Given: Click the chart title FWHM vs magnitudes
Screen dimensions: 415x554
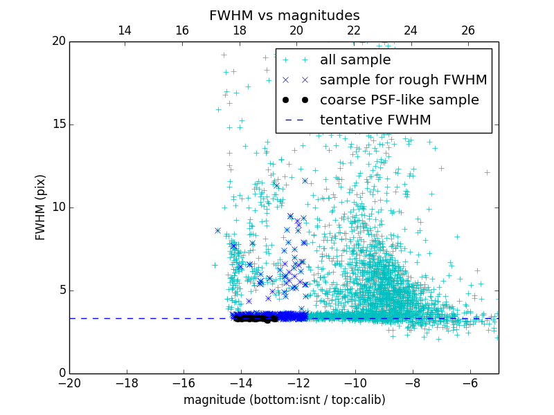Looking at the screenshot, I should point(284,15).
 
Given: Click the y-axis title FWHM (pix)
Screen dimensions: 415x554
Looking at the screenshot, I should point(40,207).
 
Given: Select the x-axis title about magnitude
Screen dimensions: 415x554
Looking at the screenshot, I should point(284,400).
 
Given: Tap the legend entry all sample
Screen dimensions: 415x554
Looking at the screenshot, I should point(355,60).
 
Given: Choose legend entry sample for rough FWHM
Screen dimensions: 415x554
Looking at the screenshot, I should point(403,80).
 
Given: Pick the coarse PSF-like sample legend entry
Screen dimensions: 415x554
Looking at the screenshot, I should point(399,100).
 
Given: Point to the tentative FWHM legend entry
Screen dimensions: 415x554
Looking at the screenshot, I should point(375,120).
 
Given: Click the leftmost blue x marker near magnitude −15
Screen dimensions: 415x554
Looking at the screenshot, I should point(217,230).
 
